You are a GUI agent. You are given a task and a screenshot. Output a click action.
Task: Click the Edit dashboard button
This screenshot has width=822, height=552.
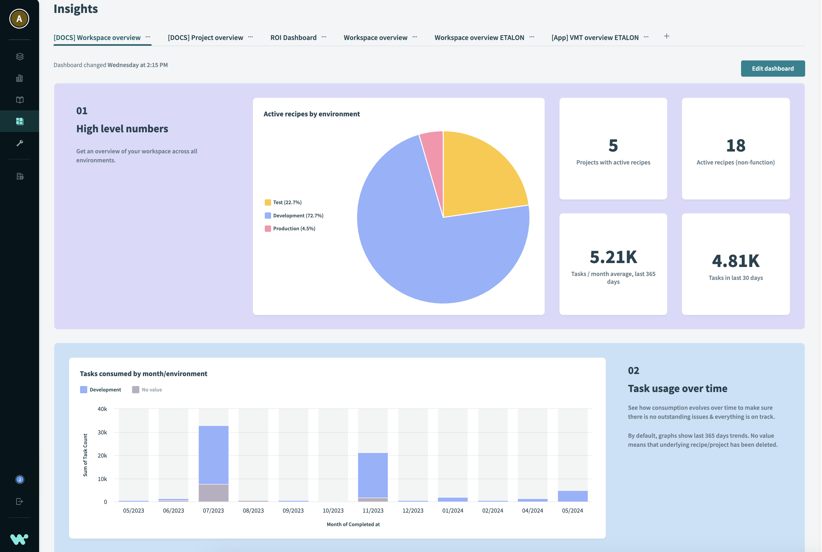(772, 69)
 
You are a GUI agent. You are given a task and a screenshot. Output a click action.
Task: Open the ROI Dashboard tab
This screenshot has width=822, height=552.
(293, 38)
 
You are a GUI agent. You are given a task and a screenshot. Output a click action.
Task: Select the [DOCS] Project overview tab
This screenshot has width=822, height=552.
(205, 38)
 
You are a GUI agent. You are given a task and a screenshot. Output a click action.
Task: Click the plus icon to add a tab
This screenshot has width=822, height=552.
(666, 36)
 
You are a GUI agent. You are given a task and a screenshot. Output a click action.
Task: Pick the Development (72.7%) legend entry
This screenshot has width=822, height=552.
(298, 216)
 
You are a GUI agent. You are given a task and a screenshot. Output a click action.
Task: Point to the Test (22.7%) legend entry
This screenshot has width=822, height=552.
(287, 202)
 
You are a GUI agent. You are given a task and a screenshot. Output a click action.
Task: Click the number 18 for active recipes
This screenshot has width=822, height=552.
(735, 146)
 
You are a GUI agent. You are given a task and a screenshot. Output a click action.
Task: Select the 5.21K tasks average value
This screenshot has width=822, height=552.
(613, 257)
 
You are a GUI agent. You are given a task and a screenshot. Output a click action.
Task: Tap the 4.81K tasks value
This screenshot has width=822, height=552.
(735, 261)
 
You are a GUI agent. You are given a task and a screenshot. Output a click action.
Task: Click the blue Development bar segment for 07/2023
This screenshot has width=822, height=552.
(213, 455)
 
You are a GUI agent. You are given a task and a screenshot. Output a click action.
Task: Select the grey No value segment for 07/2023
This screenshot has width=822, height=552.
(213, 493)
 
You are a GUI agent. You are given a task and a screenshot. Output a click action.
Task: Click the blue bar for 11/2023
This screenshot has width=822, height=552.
(373, 475)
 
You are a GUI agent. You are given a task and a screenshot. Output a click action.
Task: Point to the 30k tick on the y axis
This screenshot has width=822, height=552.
(102, 432)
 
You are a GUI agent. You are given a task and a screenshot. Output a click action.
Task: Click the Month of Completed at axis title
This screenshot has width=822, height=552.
(353, 524)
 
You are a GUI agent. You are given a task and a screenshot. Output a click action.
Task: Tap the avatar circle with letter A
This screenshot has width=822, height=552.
(19, 19)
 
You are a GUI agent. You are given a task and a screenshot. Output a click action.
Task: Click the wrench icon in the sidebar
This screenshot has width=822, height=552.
(20, 143)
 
